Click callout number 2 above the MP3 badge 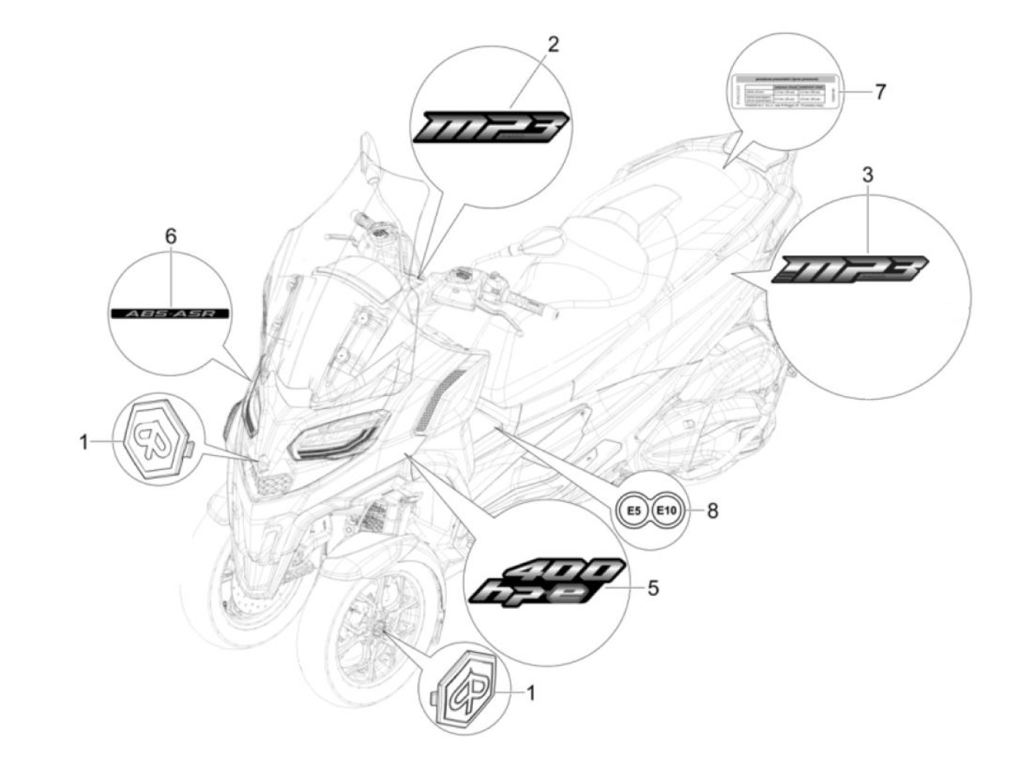point(553,45)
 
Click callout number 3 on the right point(868,175)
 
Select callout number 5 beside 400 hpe point(652,587)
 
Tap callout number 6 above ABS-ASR point(171,236)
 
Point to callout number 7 point(880,91)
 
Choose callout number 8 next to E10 point(712,510)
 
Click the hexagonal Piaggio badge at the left point(154,438)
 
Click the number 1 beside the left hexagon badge point(83,441)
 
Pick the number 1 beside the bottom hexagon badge point(531,692)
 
